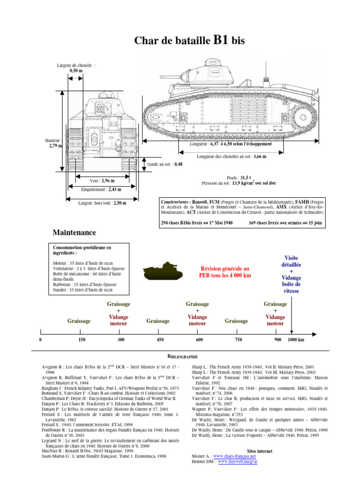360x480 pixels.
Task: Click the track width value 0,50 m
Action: click(76, 70)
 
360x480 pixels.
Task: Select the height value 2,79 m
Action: click(56, 146)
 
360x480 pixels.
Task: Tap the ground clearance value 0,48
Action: click(178, 164)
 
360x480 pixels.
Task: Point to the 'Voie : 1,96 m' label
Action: click(102, 180)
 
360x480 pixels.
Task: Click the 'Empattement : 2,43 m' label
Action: click(101, 189)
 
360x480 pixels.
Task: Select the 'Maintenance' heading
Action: click(74, 232)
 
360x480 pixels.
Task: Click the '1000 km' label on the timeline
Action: click(296, 339)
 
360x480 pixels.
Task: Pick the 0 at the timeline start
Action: click(41, 339)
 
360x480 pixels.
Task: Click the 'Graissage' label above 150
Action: click(79, 321)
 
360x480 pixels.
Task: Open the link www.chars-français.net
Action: click(234, 456)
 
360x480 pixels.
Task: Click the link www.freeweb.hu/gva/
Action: click(238, 461)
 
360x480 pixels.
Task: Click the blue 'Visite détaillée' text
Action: click(291, 262)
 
